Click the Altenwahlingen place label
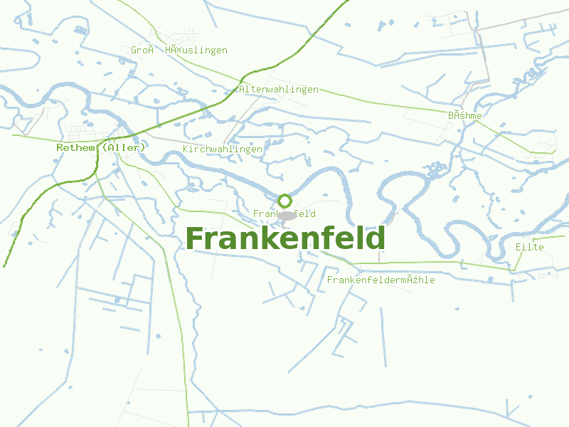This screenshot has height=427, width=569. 279,90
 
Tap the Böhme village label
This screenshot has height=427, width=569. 465,115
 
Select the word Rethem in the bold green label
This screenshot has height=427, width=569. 76,147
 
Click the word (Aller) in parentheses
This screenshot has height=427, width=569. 123,147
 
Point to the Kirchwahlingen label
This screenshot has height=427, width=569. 223,149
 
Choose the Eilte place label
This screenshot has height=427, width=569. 530,247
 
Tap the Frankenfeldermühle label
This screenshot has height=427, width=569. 381,280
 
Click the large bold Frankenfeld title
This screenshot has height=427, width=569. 285,238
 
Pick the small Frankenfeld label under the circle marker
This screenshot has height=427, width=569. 284,213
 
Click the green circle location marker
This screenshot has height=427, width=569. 284,201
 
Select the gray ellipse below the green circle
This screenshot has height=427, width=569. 287,216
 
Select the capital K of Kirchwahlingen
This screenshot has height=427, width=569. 186,149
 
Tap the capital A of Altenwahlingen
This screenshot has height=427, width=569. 242,90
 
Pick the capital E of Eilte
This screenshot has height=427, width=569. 519,247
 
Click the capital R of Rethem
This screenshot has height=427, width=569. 60,147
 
